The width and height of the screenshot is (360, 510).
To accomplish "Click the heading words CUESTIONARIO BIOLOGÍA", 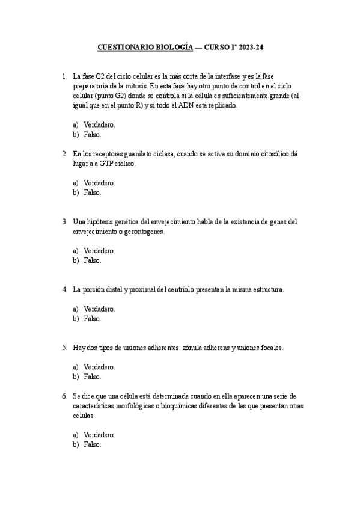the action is tap(145, 46).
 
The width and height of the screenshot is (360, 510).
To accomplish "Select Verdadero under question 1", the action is tap(99, 125).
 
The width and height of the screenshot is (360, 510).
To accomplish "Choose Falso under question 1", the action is tap(93, 135).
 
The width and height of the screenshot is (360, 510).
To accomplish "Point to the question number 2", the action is tap(64, 154).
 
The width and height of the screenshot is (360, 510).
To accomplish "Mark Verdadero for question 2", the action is tap(99, 183).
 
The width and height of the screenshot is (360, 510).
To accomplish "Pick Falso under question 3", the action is tap(93, 261).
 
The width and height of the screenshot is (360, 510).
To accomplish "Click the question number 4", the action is tap(64, 290).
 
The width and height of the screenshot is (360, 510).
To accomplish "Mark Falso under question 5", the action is tap(93, 377).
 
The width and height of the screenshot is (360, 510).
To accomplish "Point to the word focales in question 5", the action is tap(271, 348).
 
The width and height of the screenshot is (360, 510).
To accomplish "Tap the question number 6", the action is tap(64, 396).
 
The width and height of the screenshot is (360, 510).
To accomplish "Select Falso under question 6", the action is tap(93, 445).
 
